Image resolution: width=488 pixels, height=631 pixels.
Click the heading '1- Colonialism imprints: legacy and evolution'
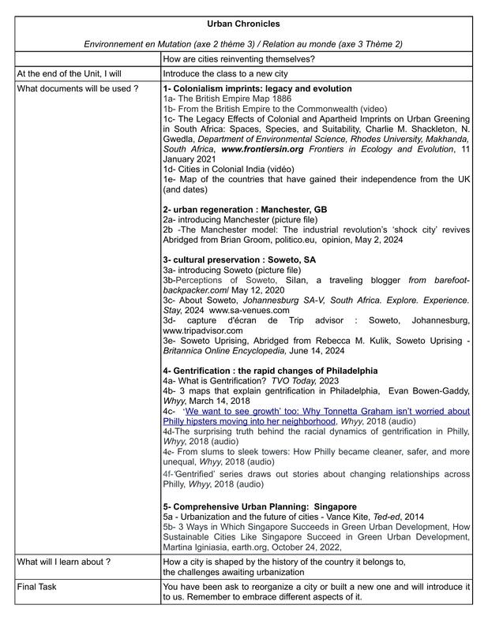(x=257, y=89)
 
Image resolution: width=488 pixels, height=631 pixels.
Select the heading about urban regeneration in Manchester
(x=244, y=209)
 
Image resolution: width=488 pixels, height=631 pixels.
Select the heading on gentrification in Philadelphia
(x=270, y=370)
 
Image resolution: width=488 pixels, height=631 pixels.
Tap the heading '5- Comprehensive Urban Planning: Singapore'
(x=260, y=506)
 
